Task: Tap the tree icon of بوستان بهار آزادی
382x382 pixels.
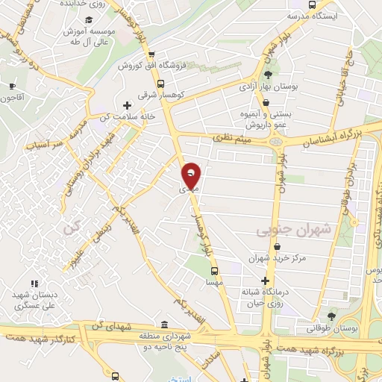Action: [x=268, y=74]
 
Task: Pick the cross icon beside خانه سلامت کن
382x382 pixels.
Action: [x=126, y=104]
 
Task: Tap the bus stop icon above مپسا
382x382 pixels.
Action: [x=214, y=271]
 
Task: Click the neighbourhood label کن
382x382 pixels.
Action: [x=71, y=228]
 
